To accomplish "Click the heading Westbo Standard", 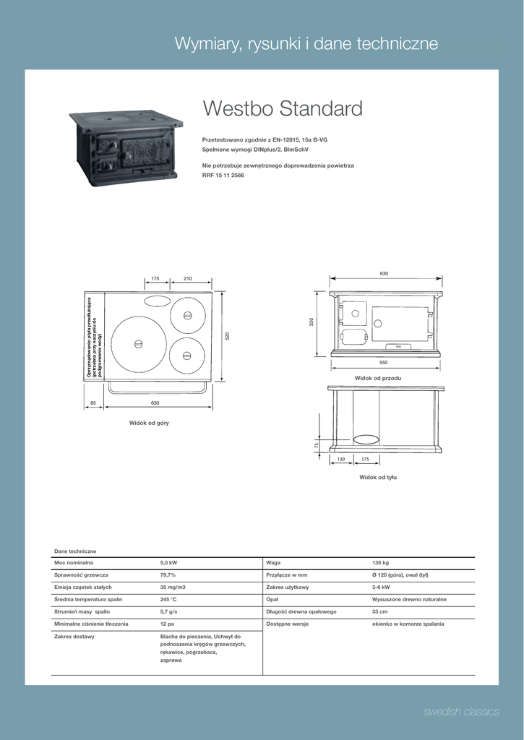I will point(283,109).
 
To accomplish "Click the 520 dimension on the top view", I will point(227,336).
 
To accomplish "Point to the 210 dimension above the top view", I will point(187,278).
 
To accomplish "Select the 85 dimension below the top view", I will point(93,403).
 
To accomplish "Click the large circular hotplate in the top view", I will point(137,344).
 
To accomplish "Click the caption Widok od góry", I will point(149,422).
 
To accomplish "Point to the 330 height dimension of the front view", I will point(312,322).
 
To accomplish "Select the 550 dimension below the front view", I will point(383,361).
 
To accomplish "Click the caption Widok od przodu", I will point(377,378).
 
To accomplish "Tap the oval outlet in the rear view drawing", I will point(366,439).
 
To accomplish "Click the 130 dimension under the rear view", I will point(341,459).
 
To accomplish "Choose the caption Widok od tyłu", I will point(378,477).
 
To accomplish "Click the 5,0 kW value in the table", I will point(168,562).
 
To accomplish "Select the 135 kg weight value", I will point(380,562).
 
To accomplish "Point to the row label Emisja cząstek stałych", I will point(83,587).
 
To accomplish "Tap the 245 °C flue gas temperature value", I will point(168,599).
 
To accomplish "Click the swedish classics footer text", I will point(461,712).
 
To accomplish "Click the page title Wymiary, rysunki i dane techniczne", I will point(306,44).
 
